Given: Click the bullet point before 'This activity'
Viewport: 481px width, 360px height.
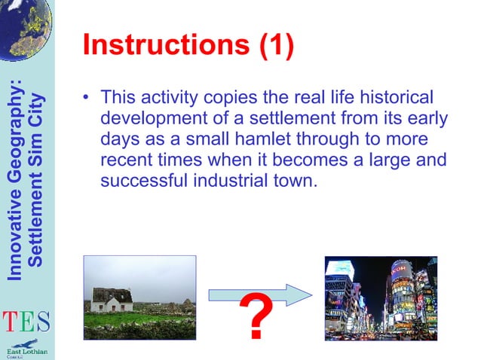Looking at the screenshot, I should (x=88, y=97).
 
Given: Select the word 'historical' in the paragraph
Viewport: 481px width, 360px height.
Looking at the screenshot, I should (x=397, y=98).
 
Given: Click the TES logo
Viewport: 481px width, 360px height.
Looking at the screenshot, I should (x=26, y=322).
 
